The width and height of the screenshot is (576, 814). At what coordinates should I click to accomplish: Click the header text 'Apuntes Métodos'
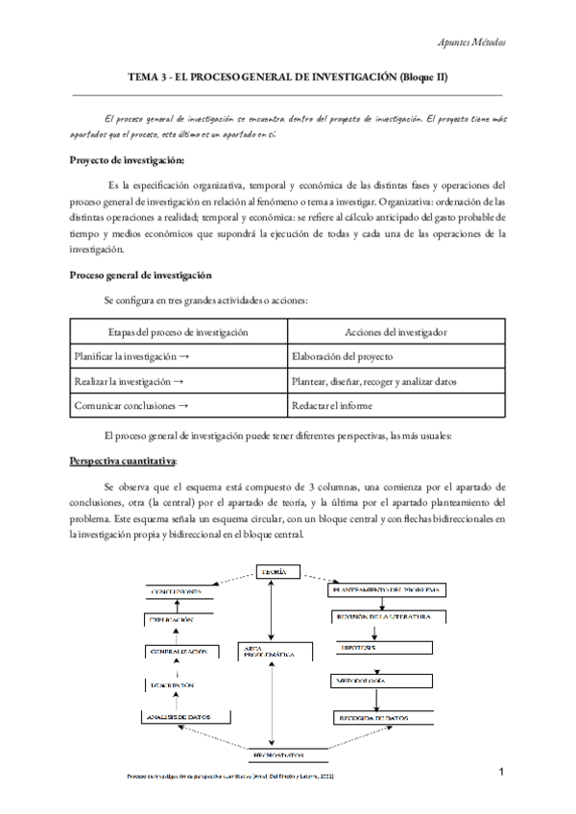471,43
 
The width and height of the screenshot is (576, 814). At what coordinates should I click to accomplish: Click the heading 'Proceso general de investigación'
141,275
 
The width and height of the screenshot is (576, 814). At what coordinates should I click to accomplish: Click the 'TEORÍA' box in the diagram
272,573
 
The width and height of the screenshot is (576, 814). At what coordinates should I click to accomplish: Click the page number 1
501,773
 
